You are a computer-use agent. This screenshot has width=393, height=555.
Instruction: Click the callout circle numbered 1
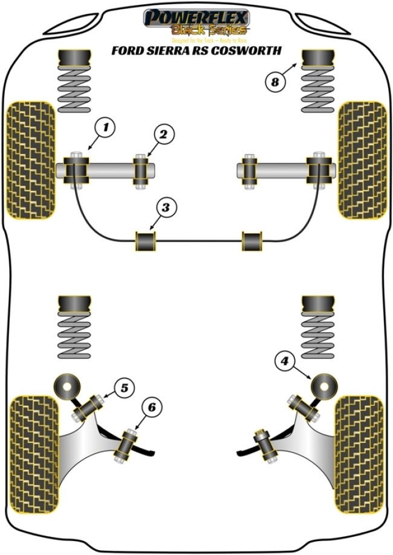point(105,127)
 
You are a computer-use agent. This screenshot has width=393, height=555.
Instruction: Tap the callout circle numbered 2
point(163,135)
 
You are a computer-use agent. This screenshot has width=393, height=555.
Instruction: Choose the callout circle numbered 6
point(152,408)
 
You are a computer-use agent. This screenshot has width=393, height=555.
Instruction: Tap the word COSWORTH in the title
point(252,51)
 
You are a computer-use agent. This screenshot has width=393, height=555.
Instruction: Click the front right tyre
point(362,160)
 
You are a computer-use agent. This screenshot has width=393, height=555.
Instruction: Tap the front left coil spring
point(74,88)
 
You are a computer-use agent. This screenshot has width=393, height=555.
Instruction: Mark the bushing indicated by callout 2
point(143,170)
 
